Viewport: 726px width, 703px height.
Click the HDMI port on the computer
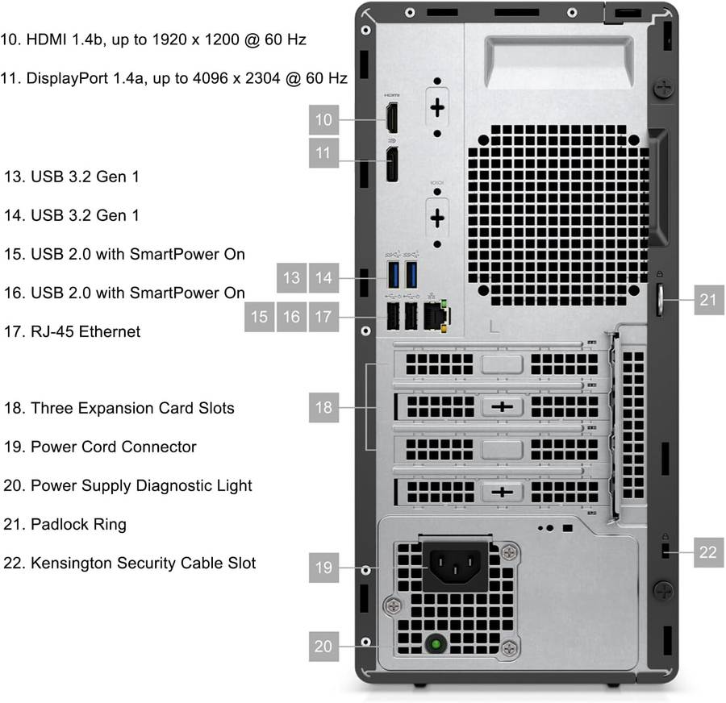point(392,118)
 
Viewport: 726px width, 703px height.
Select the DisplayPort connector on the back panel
point(392,164)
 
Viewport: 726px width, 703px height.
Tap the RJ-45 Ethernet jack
point(436,316)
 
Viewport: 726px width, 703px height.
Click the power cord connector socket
point(455,566)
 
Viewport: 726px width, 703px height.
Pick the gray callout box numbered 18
point(323,407)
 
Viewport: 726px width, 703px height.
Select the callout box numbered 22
point(708,552)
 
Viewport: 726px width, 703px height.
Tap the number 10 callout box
point(323,120)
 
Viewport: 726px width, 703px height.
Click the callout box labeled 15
point(259,317)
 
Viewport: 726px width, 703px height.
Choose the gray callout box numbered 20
point(323,646)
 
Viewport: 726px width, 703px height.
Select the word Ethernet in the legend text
point(109,331)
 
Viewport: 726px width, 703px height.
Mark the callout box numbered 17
point(323,317)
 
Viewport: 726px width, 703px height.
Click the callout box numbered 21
point(709,300)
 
